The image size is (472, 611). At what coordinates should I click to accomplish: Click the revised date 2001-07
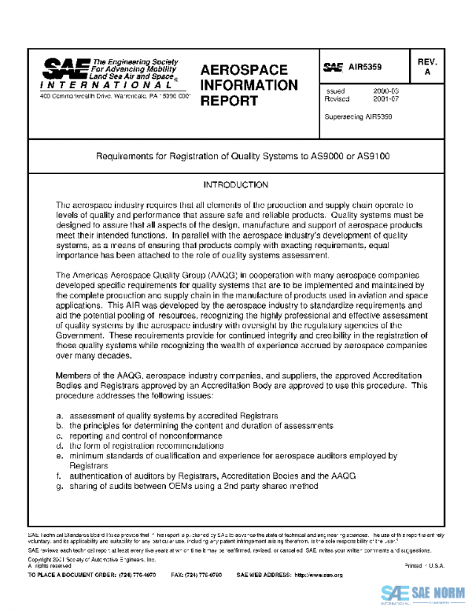coord(385,100)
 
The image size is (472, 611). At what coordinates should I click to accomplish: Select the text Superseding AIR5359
coord(358,117)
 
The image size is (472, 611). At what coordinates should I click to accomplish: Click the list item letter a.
coord(60,415)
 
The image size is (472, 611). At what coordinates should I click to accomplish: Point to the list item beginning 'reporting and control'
coord(146,435)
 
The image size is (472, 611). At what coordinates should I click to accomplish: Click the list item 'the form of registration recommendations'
coord(146,446)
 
